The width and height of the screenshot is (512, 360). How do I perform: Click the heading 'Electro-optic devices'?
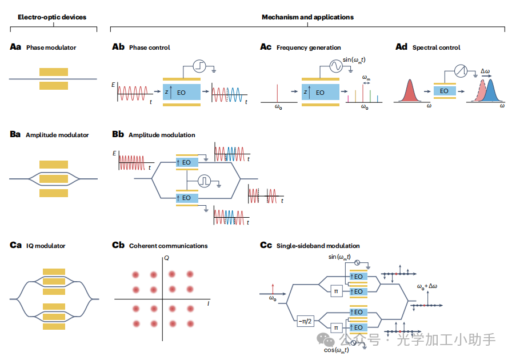(x=52, y=17)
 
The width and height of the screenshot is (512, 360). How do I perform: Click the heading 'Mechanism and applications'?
(x=307, y=17)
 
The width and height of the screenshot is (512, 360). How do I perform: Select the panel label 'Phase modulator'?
(x=51, y=47)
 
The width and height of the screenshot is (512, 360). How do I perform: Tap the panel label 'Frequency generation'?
(x=309, y=47)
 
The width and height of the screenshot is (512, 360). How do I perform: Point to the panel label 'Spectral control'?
(x=436, y=47)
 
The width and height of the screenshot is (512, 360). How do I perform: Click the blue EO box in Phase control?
(x=181, y=92)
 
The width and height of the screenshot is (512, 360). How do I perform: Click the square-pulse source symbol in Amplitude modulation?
(x=204, y=181)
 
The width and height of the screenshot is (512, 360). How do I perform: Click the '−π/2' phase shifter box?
(x=305, y=321)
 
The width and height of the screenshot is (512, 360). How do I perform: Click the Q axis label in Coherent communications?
(x=166, y=259)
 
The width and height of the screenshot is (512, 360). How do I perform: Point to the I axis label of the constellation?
(x=208, y=305)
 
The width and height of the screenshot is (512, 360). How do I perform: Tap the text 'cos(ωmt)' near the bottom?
(x=337, y=350)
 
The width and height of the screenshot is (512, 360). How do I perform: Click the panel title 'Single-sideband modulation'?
(x=318, y=246)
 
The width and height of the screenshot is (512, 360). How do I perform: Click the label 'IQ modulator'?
(x=46, y=246)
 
